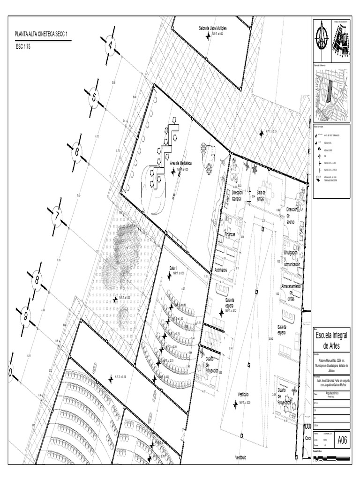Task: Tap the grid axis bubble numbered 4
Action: (111, 45)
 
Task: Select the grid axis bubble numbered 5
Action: (94, 97)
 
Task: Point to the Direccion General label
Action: (237, 195)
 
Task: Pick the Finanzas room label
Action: (230, 233)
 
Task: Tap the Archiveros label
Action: (221, 270)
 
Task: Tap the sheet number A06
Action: (342, 440)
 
